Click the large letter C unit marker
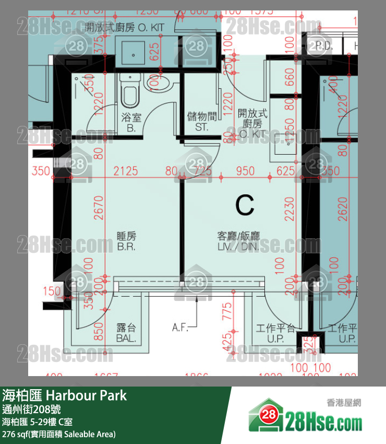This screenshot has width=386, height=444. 245,205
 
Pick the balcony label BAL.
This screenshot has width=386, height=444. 126,333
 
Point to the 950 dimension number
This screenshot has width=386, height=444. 245,171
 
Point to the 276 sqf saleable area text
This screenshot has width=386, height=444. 58,434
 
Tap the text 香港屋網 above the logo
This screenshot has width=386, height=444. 344,403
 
